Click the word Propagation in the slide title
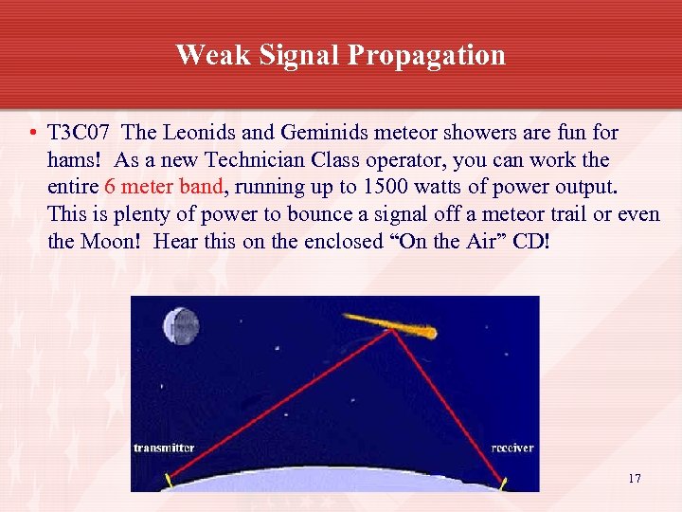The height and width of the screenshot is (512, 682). point(426,56)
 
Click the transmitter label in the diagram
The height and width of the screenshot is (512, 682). point(164,448)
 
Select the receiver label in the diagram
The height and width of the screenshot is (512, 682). point(511,448)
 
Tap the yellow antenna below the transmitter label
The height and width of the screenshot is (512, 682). point(170,480)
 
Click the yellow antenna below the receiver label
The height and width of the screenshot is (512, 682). point(504,483)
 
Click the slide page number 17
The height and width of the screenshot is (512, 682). point(634,478)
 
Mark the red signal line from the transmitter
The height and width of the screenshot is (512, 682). point(275,408)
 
